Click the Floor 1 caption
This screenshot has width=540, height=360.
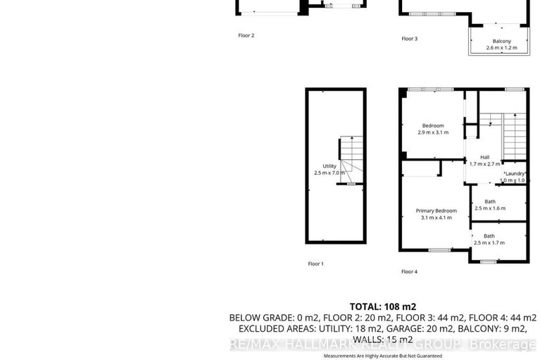click(x=315, y=263)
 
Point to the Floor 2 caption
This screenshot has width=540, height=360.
click(x=246, y=35)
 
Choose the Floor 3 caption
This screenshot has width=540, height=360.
click(x=409, y=39)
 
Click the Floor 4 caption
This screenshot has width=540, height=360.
click(x=409, y=271)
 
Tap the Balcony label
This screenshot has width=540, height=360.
click(x=501, y=41)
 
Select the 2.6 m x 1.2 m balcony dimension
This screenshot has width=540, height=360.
click(x=501, y=48)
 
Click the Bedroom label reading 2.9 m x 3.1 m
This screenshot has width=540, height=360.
click(x=433, y=126)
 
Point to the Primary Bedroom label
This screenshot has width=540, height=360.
click(x=436, y=211)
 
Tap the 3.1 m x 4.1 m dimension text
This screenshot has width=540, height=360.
click(x=436, y=218)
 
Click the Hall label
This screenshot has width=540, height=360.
click(x=484, y=157)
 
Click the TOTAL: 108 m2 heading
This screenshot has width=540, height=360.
click(x=383, y=306)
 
